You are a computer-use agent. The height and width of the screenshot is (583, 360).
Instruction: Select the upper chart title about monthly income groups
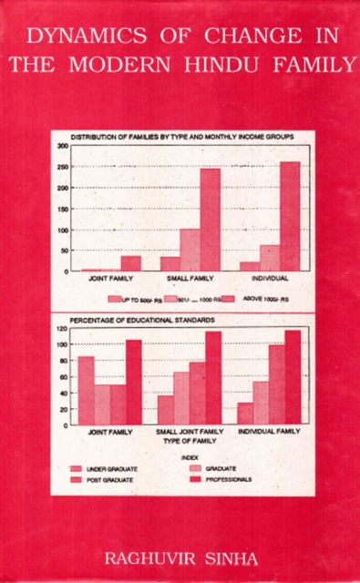182,136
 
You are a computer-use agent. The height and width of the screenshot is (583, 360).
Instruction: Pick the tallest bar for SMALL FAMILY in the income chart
211,220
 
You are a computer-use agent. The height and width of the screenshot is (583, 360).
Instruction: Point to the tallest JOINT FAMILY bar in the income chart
130,263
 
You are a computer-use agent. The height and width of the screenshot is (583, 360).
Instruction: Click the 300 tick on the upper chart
63,146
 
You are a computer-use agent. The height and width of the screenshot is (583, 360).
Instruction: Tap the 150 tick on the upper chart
63,209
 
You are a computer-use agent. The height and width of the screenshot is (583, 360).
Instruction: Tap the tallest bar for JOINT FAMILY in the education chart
133,382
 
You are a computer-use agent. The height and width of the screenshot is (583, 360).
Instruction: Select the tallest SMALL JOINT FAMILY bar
213,377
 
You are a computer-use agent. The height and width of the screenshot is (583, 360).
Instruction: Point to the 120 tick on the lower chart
63,328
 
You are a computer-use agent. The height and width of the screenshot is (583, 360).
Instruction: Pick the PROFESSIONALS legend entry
222,479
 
